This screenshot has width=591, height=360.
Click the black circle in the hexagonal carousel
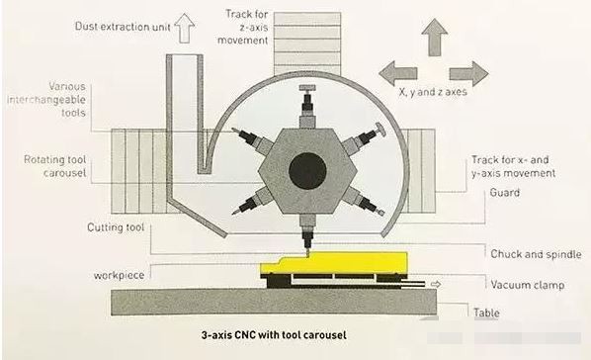coord(307,171)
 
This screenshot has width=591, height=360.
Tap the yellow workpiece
coord(334,264)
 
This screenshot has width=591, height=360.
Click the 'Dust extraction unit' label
coord(123,27)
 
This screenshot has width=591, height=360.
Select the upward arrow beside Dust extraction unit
coord(184,29)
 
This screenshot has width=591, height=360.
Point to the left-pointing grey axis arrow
coord(398,73)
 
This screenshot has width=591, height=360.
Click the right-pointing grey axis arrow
coord(468,73)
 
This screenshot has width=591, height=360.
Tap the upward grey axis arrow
coord(435,38)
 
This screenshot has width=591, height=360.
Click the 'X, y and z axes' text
coord(433,92)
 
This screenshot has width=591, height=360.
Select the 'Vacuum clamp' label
coord(528,285)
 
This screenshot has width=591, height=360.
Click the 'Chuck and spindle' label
coord(536,254)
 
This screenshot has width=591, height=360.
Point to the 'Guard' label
coord(504,193)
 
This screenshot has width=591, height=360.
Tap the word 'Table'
coord(486,313)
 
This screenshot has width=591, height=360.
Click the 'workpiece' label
coord(120,276)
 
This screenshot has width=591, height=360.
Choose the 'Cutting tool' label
coord(116,227)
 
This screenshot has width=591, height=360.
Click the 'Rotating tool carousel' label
coord(55,166)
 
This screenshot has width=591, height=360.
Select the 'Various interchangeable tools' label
coord(46,100)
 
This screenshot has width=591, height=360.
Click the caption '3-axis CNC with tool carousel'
coord(274,334)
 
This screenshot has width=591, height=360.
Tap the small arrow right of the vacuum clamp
coord(436,284)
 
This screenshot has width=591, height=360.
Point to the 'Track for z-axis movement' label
coord(243,27)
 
